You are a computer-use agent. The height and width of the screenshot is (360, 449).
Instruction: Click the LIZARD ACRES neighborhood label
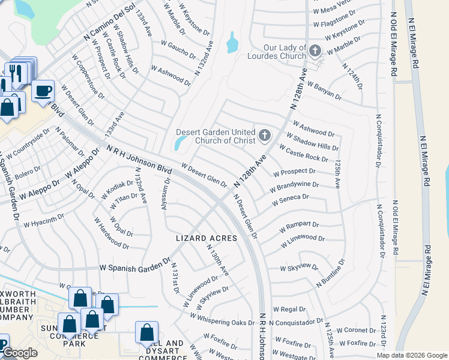tap(206, 238)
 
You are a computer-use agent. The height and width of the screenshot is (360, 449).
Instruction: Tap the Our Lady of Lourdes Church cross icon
tap(316, 51)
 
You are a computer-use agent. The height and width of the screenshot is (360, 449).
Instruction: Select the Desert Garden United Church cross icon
tap(264, 136)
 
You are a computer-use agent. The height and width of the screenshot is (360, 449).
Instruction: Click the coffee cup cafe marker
tap(43, 91)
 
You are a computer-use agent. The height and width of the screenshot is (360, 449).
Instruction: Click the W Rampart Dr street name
tap(299, 227)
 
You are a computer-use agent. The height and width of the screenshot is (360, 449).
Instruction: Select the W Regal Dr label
tap(289, 309)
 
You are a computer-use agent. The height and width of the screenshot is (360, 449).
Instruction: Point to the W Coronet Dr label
tap(356, 329)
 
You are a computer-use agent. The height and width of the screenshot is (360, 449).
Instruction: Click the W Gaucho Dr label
tap(175, 47)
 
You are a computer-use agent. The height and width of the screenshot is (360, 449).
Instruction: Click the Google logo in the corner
tap(19, 353)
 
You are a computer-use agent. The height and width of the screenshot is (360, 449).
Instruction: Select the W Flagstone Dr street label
tap(335, 25)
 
